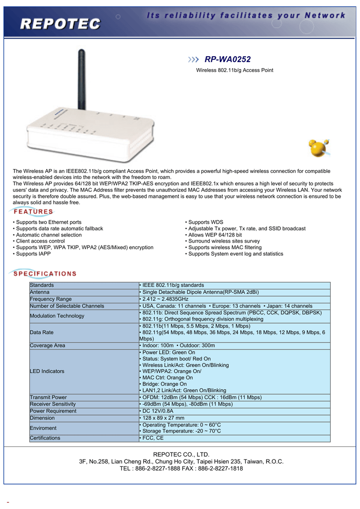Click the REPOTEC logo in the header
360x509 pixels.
(61, 23)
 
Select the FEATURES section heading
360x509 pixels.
(33, 212)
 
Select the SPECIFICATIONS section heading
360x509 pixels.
(45, 273)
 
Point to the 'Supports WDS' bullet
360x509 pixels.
(204, 222)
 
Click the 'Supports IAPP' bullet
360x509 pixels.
(33, 254)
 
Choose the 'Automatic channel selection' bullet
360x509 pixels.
(49, 235)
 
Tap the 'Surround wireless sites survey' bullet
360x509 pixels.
(222, 241)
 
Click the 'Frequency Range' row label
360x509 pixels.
(51, 299)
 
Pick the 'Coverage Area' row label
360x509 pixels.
(47, 345)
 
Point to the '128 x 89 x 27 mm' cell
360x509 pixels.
(162, 418)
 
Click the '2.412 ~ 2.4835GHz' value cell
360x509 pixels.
(164, 299)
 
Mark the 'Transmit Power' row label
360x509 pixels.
(48, 397)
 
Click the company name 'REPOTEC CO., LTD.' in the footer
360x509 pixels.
(181, 454)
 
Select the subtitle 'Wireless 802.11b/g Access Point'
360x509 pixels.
(235, 70)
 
